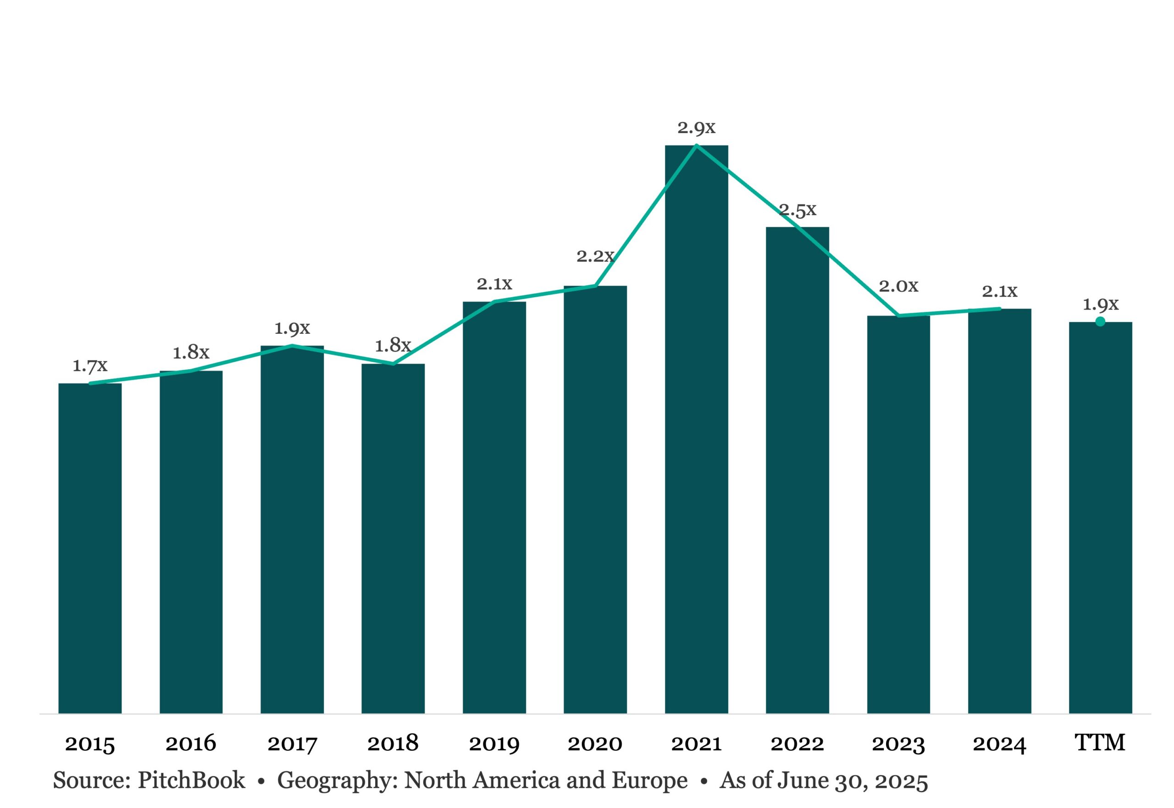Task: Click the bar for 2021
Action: [696, 429]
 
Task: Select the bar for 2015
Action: [89, 548]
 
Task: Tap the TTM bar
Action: [1100, 518]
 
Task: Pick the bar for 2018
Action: [393, 539]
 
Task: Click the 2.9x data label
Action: [696, 127]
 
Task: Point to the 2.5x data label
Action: [797, 210]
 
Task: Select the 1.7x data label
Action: [89, 365]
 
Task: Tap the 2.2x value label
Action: [595, 256]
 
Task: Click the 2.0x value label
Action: [898, 286]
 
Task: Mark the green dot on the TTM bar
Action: [1100, 321]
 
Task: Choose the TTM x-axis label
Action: [1100, 743]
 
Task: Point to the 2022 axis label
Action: [797, 744]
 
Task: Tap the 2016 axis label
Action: [191, 744]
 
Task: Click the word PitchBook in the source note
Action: [191, 780]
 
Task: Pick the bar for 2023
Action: [898, 515]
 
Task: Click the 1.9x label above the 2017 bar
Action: [292, 329]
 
